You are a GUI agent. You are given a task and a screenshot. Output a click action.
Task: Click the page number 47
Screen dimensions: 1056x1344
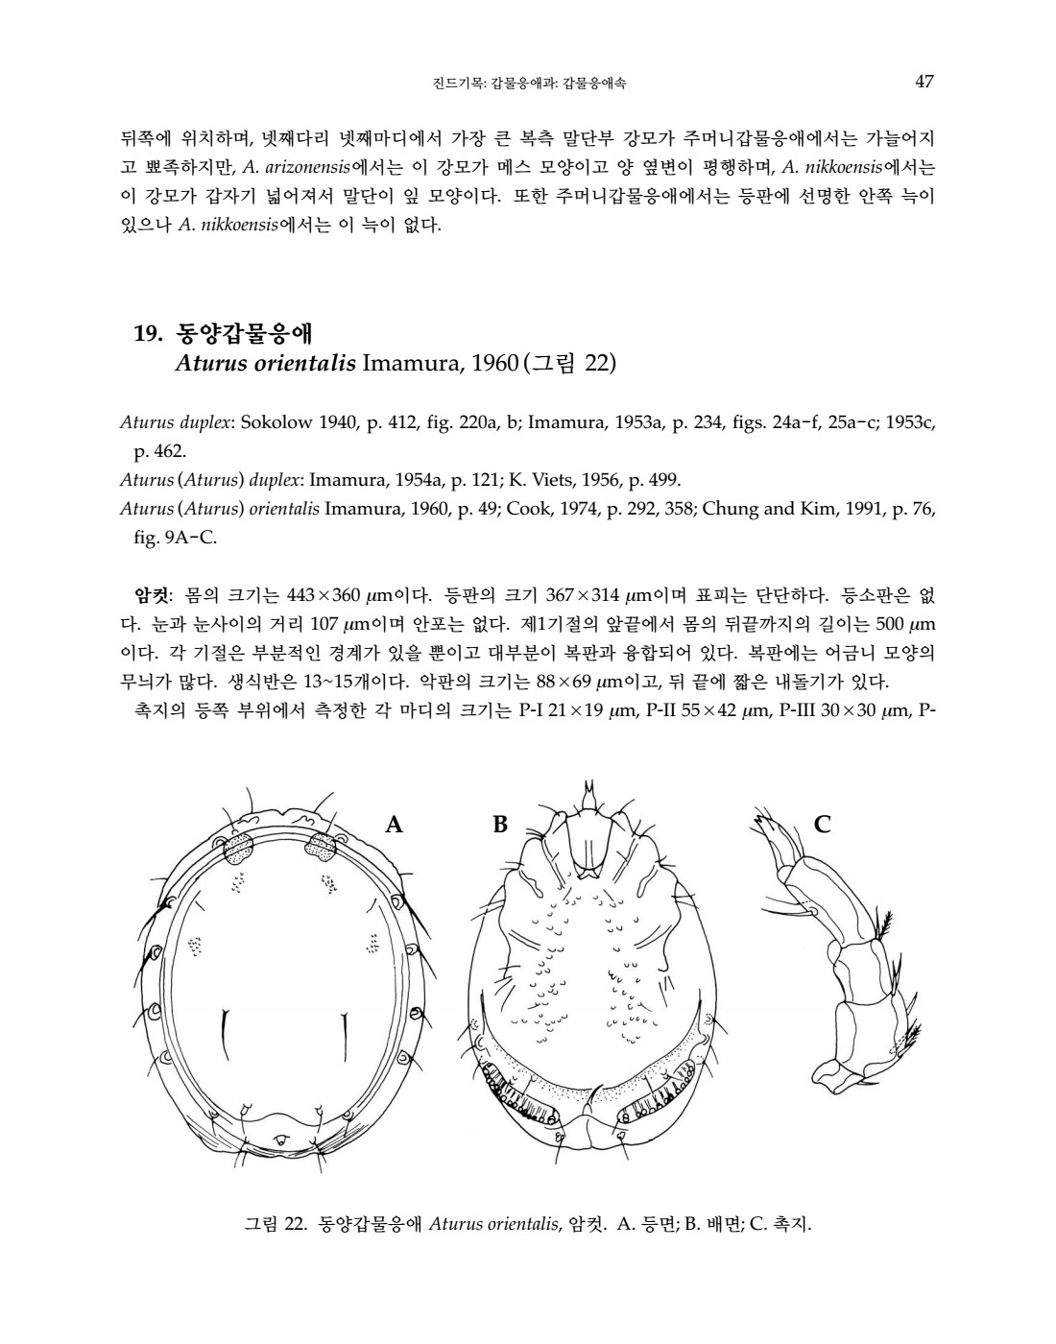(x=924, y=83)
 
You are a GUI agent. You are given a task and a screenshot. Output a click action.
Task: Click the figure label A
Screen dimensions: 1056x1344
(x=393, y=824)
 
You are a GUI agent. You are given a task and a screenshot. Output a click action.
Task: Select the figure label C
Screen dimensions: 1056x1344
(x=822, y=824)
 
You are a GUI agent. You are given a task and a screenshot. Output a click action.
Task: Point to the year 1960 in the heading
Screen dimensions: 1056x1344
(x=496, y=364)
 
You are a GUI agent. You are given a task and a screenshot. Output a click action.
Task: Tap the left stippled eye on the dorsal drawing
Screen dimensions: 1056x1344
(x=237, y=847)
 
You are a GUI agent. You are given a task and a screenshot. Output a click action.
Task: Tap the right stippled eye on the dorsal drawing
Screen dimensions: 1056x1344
(x=319, y=847)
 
